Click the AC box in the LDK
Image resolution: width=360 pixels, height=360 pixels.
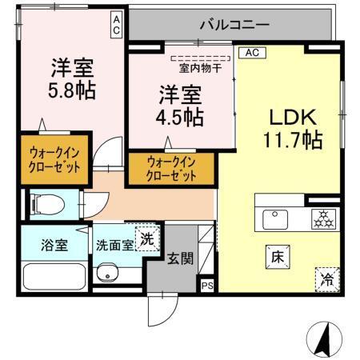251,54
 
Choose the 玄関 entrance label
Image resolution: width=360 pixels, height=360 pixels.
177,258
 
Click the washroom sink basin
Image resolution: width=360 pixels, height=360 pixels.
106,275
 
